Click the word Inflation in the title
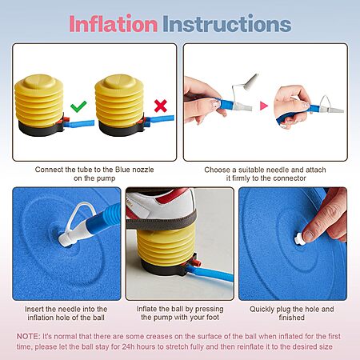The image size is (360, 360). [113, 24]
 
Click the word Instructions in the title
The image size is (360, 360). [227, 24]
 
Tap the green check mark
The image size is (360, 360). [78, 106]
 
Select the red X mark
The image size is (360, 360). [161, 106]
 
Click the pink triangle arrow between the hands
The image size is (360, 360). [263, 106]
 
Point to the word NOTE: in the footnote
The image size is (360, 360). [29, 336]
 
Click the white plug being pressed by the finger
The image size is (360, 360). [299, 238]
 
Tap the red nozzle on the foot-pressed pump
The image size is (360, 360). [197, 263]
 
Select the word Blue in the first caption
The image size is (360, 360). [122, 170]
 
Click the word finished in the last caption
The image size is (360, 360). [291, 318]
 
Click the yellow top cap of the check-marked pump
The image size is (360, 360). [39, 82]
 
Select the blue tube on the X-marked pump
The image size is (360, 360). [161, 119]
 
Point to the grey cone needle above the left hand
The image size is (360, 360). [251, 81]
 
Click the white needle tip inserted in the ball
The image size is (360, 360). [64, 239]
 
